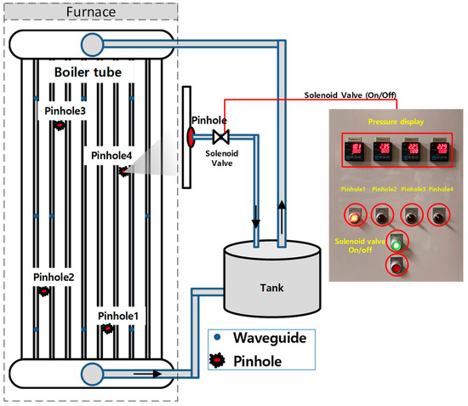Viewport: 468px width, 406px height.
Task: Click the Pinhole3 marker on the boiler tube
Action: click(x=60, y=126)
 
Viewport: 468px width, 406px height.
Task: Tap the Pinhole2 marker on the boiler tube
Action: click(x=43, y=292)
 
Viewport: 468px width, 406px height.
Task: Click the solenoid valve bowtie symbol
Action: click(x=221, y=137)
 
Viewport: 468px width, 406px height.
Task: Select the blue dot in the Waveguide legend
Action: click(x=220, y=337)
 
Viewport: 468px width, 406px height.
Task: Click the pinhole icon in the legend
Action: click(x=220, y=362)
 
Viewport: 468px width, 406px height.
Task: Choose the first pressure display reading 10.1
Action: click(x=357, y=154)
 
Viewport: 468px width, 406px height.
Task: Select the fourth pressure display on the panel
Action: click(x=440, y=154)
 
